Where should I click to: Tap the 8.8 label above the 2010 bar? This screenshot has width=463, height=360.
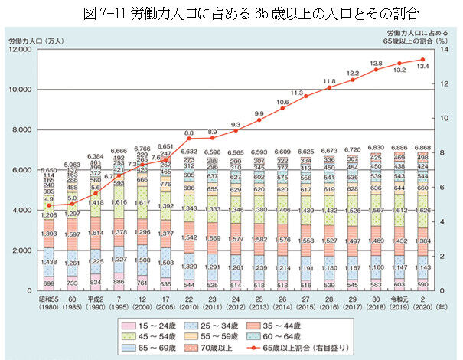(189, 133)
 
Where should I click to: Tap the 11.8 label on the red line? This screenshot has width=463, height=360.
(329, 80)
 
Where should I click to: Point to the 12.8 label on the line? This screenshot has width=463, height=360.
(375, 64)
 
